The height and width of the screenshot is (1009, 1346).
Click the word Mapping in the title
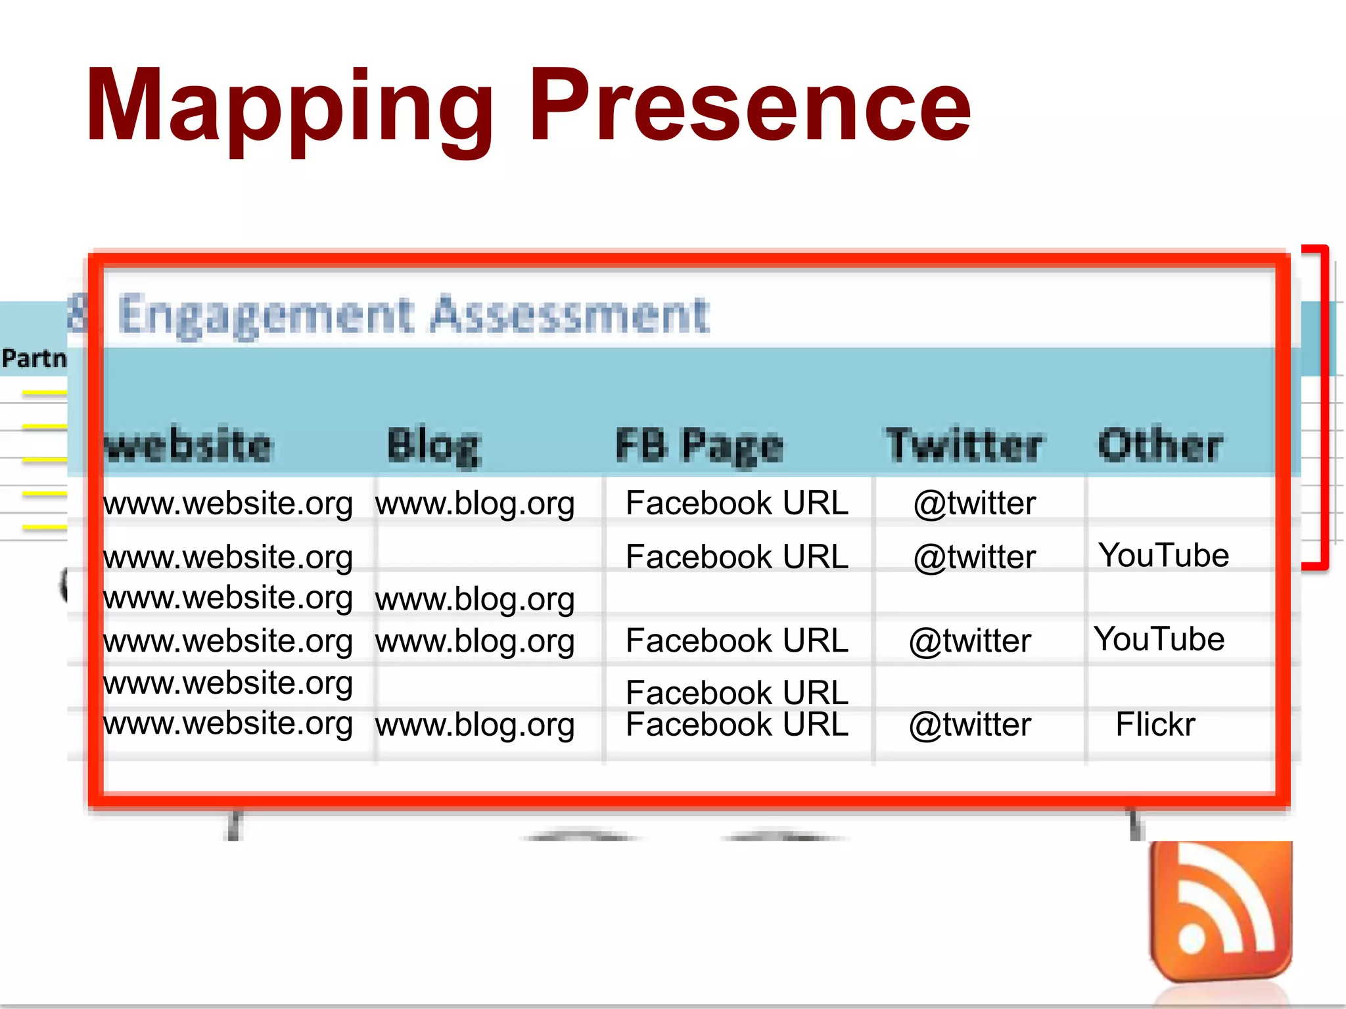pos(289,108)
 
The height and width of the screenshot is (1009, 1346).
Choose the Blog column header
pos(434,445)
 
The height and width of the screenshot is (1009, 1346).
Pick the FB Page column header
pos(699,445)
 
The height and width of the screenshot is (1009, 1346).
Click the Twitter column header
pos(963,445)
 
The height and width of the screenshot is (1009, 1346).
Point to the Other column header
pos(1161,445)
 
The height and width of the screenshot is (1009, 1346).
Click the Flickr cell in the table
pos(1155,725)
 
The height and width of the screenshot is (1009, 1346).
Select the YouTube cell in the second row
pos(1163,556)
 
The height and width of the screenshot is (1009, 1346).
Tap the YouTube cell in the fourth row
pos(1159,639)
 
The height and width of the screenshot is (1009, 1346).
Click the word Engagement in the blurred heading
pos(266,315)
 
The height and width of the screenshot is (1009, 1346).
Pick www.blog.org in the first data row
pos(475,504)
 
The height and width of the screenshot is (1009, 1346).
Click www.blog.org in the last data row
pos(475,726)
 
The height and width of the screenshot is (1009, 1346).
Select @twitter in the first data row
pos(975,504)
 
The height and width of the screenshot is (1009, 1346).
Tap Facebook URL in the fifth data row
pos(737,692)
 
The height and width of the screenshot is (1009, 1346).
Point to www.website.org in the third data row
pos(228,598)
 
